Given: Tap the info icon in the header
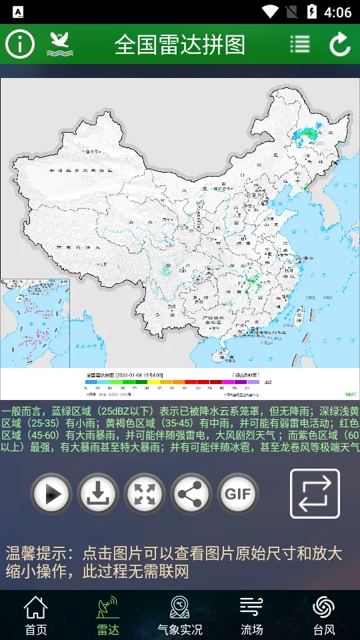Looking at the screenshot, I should (20, 44).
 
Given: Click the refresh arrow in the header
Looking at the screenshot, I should (340, 44).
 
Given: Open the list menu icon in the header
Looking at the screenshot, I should (300, 44).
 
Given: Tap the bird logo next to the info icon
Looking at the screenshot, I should (60, 44).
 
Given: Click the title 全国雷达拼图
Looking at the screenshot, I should (180, 45).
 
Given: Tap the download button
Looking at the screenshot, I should (98, 494).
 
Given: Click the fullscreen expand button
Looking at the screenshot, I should (145, 494).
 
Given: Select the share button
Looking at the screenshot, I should (191, 494).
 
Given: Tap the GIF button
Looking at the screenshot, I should (238, 494).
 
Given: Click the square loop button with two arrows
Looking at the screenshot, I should (315, 493).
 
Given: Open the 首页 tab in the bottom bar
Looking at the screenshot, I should (36, 615).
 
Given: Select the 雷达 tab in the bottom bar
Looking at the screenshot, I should (108, 615).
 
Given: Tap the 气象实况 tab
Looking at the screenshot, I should (180, 615).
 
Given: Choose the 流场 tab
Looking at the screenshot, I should (252, 615).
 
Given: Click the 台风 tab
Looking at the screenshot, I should (324, 615).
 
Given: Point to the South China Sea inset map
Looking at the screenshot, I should (30, 323).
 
